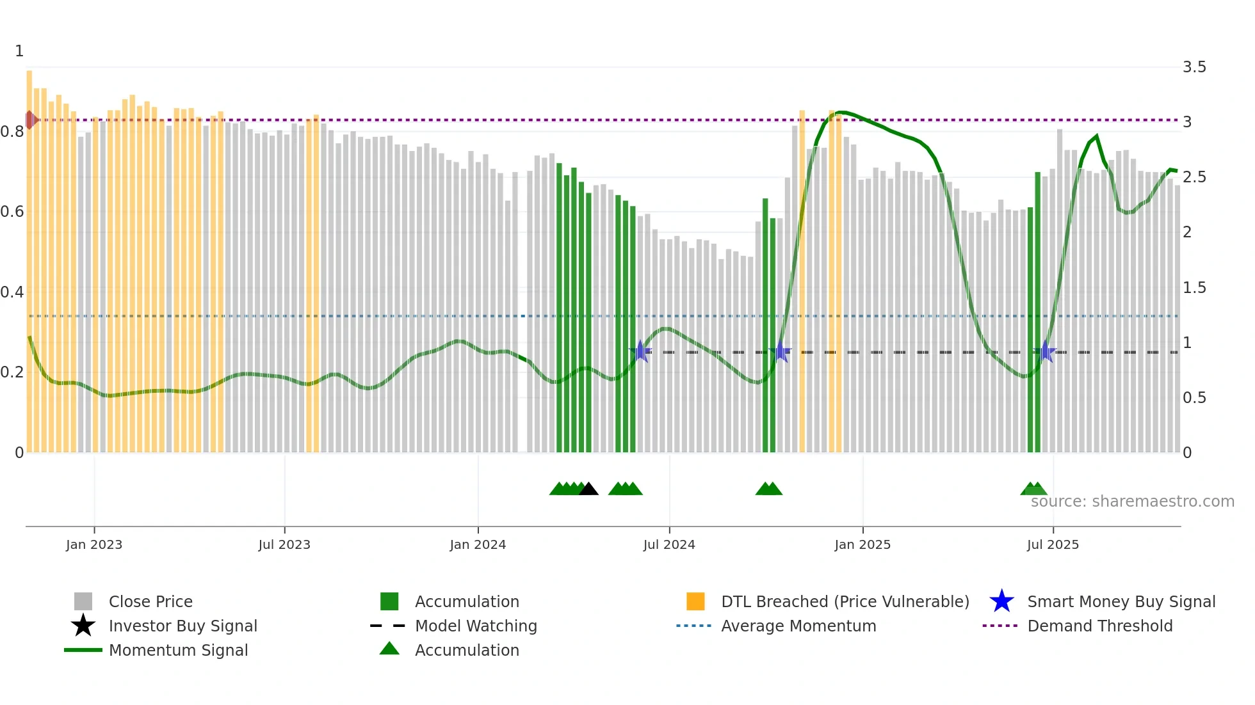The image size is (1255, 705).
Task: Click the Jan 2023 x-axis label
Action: [x=93, y=544]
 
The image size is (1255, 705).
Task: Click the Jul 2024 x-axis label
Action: [x=668, y=544]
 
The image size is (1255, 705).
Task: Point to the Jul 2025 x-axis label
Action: [x=1052, y=544]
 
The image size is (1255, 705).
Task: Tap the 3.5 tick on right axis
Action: [x=1194, y=67]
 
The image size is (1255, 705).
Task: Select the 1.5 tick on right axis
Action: [x=1194, y=288]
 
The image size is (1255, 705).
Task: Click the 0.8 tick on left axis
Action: [x=12, y=132]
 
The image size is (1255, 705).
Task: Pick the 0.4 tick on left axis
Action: [x=12, y=292]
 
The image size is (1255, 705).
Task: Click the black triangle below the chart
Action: [x=588, y=489]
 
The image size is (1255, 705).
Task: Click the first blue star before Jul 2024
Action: [x=640, y=351]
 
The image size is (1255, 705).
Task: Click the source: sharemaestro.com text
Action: [x=1132, y=502]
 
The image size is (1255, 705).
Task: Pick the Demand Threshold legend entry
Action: [x=1099, y=626]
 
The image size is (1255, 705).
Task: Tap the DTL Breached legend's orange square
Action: [x=695, y=601]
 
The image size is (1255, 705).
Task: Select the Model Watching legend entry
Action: [x=475, y=626]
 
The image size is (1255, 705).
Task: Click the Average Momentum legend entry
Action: [x=798, y=626]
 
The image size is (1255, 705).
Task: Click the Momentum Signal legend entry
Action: [x=178, y=650]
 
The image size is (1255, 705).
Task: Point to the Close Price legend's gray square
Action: [x=83, y=601]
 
